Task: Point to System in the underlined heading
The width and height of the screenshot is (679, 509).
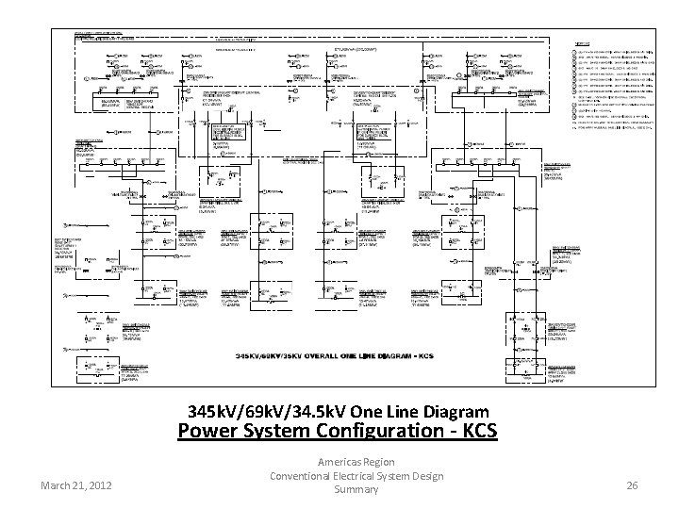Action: pos(285,433)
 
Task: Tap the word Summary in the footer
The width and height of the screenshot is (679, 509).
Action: pos(356,490)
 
